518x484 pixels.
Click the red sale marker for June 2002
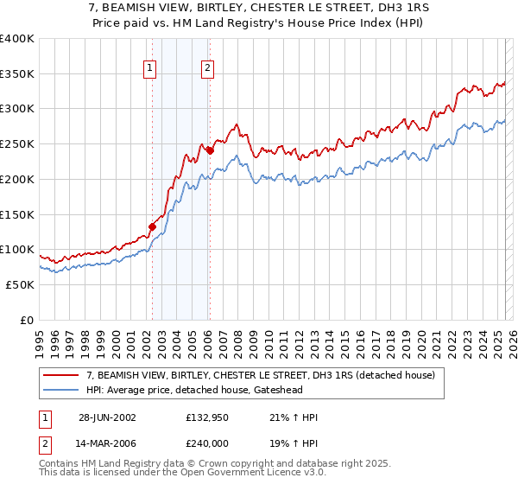pos(153,227)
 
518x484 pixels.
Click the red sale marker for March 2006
pos(209,150)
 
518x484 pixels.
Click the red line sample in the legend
pos(61,374)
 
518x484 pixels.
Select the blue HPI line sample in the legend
pos(61,389)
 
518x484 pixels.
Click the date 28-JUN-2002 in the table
pos(106,417)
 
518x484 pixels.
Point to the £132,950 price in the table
pos(209,417)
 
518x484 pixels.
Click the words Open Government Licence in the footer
pos(244,473)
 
